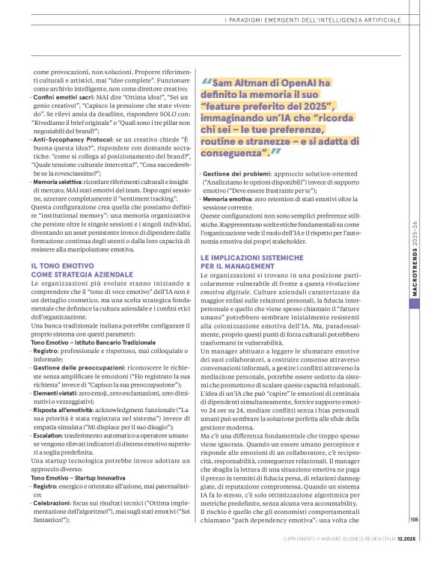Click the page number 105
pos(414,520)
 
